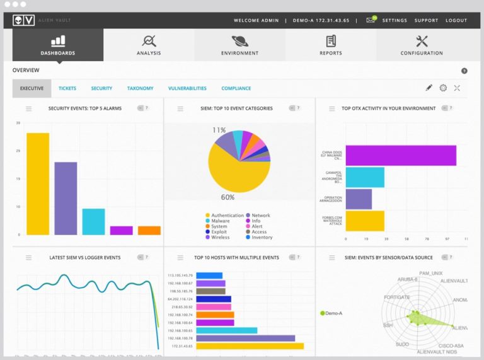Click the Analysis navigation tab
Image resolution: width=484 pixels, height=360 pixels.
(149, 45)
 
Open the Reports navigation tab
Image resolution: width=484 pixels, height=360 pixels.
(331, 45)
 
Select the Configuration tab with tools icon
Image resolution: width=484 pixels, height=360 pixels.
(422, 45)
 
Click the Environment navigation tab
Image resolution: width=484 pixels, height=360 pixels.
(239, 45)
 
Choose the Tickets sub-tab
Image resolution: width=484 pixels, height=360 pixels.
(67, 88)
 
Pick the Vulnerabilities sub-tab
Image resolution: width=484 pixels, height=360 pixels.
(187, 88)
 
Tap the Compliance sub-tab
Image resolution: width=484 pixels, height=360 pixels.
(236, 88)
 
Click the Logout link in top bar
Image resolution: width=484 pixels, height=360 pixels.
(456, 20)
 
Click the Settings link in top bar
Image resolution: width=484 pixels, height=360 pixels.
(395, 20)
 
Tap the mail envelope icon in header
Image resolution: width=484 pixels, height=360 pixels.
(371, 20)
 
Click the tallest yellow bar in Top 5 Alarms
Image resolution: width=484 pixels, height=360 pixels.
(38, 183)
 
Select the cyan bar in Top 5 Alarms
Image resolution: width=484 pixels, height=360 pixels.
(93, 221)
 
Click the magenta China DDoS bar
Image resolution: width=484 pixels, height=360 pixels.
(401, 155)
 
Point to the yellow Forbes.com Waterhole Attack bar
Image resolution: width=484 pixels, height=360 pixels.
(365, 221)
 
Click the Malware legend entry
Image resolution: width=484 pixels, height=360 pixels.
(221, 221)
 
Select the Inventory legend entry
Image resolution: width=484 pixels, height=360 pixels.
(262, 238)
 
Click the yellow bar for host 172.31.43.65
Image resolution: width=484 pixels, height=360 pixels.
(250, 345)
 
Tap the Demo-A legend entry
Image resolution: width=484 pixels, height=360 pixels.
(333, 313)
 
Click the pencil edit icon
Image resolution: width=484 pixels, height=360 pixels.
(429, 88)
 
